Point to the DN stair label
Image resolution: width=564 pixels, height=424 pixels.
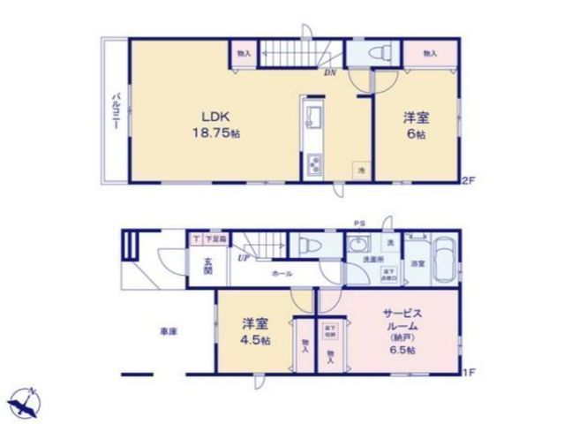(x=330, y=73)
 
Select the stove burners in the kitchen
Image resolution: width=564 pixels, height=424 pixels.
(x=313, y=163)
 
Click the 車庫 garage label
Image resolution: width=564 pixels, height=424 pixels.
(x=169, y=331)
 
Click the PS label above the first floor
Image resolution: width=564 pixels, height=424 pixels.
(x=359, y=223)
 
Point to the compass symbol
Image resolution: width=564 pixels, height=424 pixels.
(x=26, y=404)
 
